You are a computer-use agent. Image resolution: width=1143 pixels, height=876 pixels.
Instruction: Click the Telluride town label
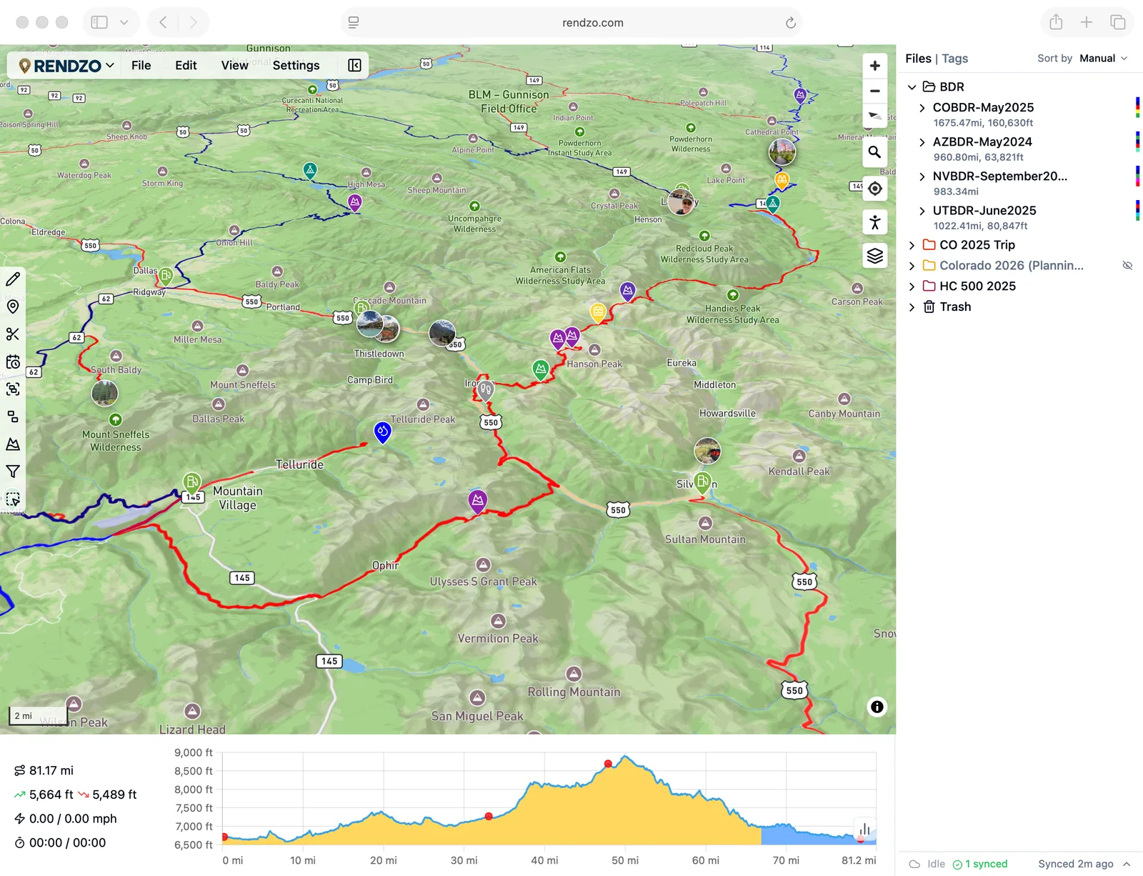[299, 464]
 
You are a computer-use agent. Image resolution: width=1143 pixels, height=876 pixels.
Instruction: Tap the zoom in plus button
[874, 66]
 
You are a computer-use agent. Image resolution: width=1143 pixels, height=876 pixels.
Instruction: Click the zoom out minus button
[874, 91]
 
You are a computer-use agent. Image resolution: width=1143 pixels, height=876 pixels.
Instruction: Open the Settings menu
[296, 65]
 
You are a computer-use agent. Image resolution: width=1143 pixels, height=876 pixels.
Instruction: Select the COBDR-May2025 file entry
[983, 107]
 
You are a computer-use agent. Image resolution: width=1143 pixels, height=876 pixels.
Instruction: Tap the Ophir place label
[385, 565]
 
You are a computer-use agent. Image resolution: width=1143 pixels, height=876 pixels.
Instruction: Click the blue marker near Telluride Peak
[383, 431]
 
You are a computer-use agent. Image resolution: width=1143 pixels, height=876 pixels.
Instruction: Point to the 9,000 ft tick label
[193, 752]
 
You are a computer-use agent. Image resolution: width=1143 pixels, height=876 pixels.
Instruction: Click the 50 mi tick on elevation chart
[624, 860]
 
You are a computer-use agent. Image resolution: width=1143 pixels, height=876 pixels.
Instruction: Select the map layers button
[874, 255]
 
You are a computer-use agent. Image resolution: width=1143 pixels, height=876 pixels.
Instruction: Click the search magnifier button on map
[874, 152]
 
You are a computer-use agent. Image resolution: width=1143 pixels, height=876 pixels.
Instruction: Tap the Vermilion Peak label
[498, 638]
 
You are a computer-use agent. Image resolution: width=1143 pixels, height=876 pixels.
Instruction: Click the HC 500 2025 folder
[977, 286]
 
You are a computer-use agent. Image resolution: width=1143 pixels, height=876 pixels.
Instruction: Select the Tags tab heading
[954, 59]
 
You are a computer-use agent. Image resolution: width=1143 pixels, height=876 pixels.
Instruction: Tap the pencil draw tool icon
[13, 279]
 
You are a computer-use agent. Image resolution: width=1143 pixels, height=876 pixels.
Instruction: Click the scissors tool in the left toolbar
[13, 334]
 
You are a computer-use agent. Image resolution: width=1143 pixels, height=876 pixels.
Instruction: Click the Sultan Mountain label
[705, 539]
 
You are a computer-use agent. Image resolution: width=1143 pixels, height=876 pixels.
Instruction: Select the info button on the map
[877, 707]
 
